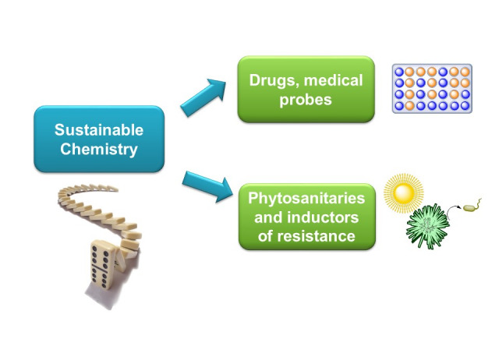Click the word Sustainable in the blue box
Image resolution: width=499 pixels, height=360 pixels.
[x=99, y=130]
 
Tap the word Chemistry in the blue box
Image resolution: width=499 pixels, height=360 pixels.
[x=99, y=148]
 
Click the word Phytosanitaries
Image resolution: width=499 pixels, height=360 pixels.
[x=306, y=198]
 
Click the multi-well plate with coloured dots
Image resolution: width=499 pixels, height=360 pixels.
[x=431, y=88]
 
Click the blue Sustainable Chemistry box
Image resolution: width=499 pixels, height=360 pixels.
[x=99, y=139]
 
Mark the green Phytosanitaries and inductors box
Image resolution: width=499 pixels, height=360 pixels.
[x=306, y=216]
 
